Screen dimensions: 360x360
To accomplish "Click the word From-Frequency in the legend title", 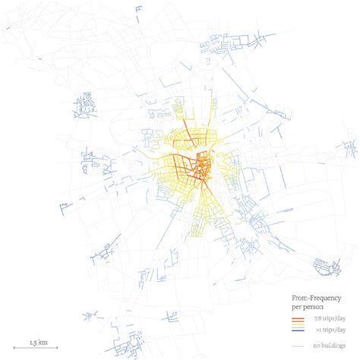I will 313,298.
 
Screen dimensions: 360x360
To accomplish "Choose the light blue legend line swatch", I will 298,327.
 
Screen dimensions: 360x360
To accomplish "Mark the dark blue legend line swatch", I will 298,331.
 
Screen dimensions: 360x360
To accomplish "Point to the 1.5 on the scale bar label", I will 34,342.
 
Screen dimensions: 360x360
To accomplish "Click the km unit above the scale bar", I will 45,342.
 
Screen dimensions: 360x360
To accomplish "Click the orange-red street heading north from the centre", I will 185,129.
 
